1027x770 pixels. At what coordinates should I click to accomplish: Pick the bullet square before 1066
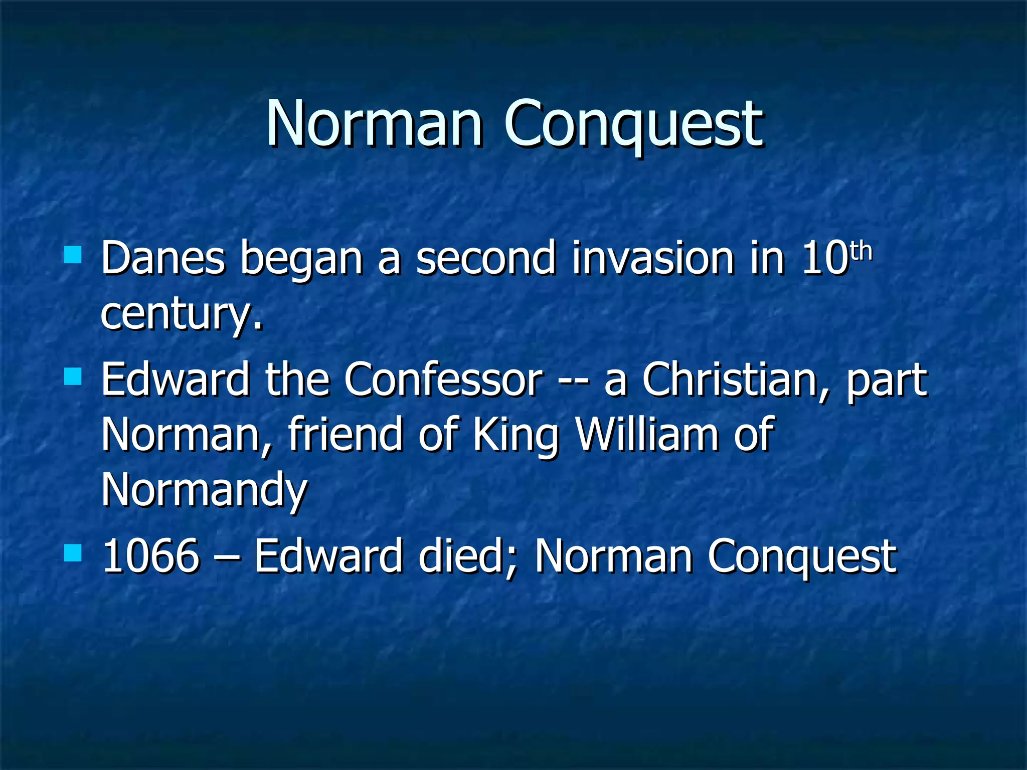73,553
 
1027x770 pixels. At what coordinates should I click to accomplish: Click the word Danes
163,258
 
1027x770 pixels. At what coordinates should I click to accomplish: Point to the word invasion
652,258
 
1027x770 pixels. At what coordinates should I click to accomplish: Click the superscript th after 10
862,251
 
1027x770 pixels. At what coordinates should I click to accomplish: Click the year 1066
151,556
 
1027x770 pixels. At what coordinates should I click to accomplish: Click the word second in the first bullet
485,258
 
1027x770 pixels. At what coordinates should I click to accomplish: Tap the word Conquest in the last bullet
802,557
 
